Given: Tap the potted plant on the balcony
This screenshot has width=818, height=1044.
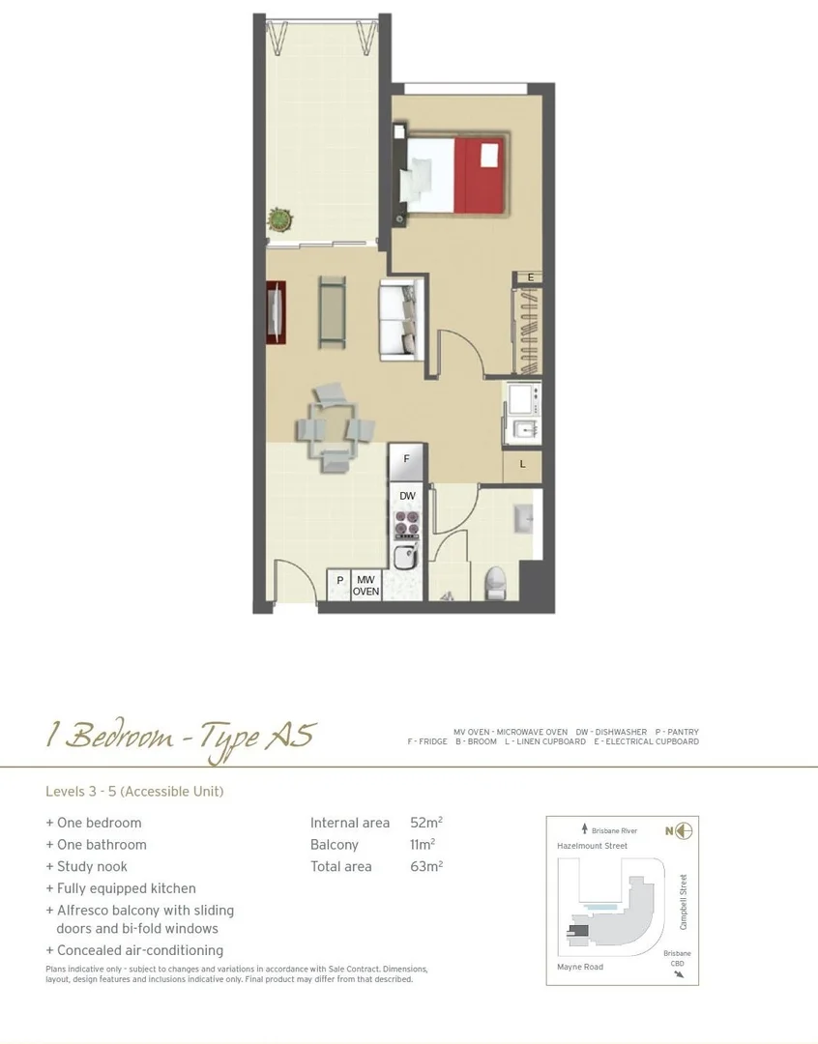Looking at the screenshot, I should [279, 219].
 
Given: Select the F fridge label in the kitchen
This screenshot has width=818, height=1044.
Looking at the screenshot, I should [407, 459].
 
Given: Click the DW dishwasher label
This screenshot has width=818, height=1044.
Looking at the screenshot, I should [407, 496].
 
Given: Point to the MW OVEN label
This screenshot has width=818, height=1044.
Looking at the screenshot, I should [365, 586].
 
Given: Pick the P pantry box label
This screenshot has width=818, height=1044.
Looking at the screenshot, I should [339, 581].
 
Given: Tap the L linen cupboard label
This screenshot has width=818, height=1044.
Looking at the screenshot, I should [522, 464].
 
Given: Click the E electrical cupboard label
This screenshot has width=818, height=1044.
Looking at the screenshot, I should [530, 277].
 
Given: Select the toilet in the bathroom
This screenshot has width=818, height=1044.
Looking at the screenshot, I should [495, 582].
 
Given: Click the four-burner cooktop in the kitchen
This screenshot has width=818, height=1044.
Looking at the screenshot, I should [406, 525].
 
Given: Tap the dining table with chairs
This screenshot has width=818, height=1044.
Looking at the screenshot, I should [331, 426].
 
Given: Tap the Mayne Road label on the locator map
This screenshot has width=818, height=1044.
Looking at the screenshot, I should [580, 967].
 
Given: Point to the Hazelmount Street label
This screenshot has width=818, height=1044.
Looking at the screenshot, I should [592, 846].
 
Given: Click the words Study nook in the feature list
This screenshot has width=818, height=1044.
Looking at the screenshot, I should [92, 866].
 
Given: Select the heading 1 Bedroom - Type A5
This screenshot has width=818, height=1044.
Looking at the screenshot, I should [181, 737].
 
